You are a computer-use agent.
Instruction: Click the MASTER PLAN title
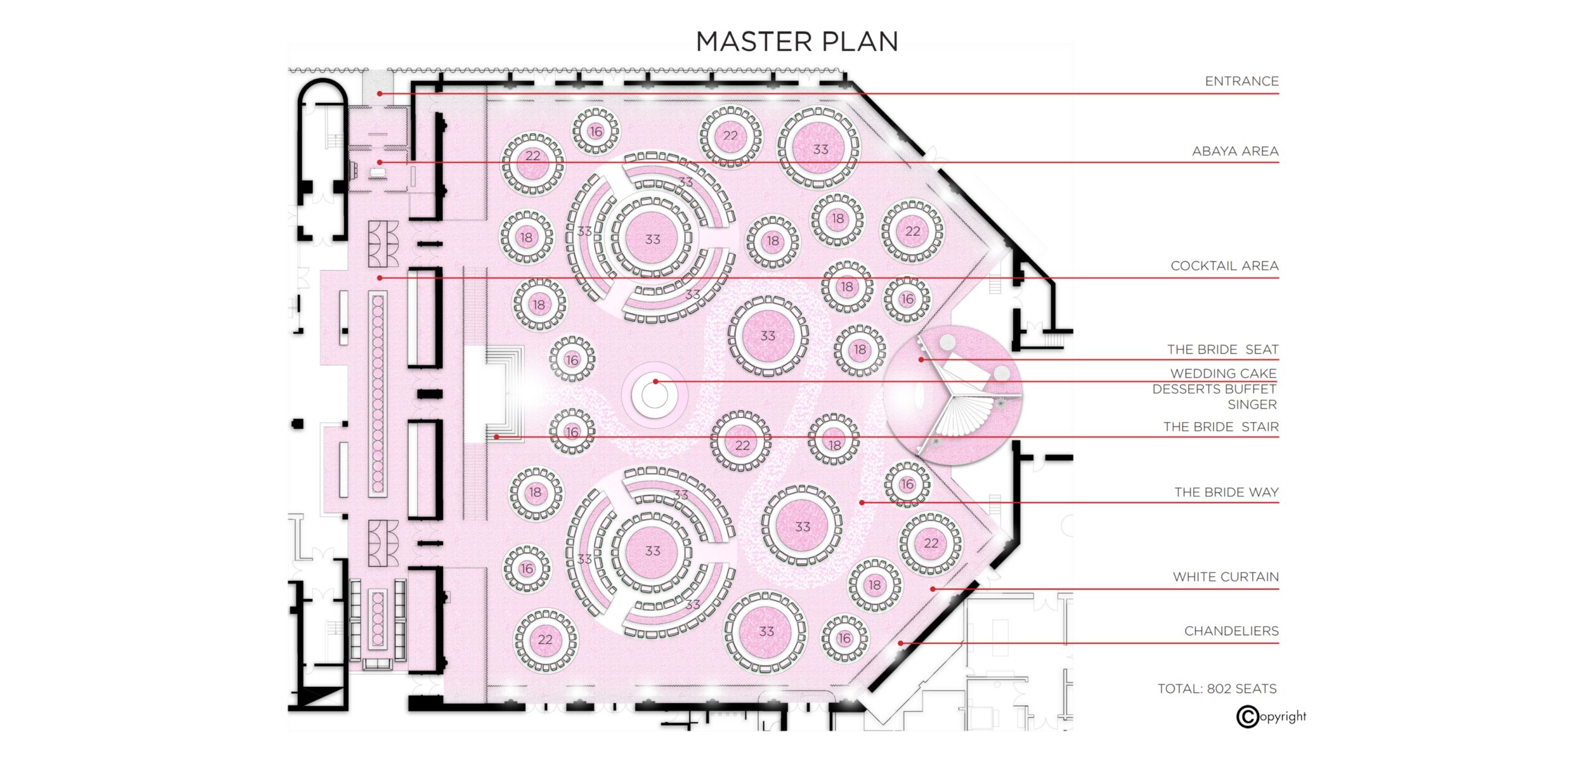[797, 42]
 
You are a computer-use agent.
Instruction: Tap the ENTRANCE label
[1241, 81]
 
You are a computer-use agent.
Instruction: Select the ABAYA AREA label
[1235, 151]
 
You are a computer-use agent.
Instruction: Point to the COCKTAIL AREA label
[1224, 265]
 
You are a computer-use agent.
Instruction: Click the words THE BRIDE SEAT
[1222, 349]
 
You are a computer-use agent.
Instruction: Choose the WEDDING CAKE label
[1223, 373]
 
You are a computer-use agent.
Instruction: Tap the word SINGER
[1252, 404]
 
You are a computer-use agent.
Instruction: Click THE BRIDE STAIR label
[1221, 427]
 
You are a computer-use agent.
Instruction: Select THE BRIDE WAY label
[1226, 492]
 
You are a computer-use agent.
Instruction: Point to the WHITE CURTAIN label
[1226, 577]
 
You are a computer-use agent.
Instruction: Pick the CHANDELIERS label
[1231, 631]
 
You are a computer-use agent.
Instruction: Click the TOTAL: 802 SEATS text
[1217, 689]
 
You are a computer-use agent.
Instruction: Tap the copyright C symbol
[1247, 717]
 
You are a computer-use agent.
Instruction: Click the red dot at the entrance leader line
[379, 94]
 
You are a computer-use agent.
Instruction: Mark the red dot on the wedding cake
[655, 382]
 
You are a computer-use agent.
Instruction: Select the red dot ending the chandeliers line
[900, 643]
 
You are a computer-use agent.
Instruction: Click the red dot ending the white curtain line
[933, 589]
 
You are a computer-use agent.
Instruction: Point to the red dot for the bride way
[862, 502]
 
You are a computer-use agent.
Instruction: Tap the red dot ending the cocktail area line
[379, 278]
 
